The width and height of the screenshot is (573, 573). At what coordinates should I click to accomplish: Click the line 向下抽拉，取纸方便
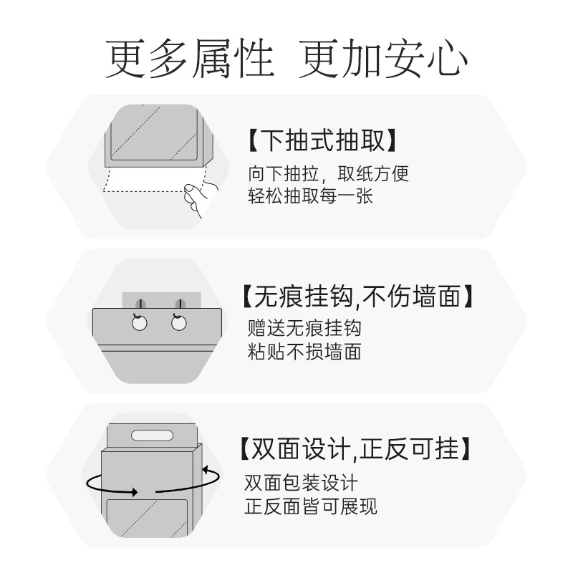coord(329,174)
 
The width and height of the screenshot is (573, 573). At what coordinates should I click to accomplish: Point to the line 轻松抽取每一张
coord(310,196)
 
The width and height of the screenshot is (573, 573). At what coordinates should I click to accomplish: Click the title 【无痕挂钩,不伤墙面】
coord(357,295)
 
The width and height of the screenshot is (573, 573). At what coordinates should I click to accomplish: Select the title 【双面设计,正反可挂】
coord(355,449)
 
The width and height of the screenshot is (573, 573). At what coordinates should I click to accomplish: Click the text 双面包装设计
coord(301,483)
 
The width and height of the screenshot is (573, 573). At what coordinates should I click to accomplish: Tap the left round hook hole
coord(139,324)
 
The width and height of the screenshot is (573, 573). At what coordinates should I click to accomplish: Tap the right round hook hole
coord(178,324)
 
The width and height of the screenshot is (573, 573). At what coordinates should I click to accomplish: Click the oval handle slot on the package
coord(151,435)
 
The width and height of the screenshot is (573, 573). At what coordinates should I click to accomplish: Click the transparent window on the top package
coord(151,133)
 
